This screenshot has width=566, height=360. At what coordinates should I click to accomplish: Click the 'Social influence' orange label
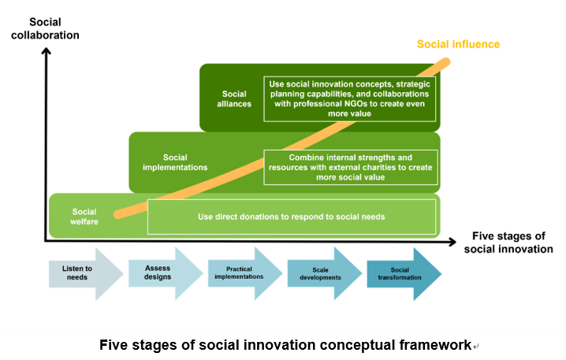tap(458, 44)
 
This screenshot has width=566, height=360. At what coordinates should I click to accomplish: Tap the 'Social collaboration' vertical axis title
tap(45, 28)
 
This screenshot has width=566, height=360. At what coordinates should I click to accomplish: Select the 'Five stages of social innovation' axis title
tap(508, 243)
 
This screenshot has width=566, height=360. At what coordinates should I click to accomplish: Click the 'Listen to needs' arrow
tap(86, 273)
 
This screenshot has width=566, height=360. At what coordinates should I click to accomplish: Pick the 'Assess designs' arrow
tap(166, 273)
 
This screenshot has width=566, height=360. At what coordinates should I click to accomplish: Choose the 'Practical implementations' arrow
tap(245, 273)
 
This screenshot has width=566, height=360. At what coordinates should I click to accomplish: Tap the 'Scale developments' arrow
tap(325, 273)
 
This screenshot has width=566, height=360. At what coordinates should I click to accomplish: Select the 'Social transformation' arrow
tap(404, 274)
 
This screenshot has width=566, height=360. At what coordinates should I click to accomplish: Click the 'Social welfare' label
tap(84, 217)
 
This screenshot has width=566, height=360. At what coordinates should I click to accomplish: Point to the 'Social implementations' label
tap(175, 162)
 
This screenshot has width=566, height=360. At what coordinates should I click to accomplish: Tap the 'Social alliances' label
tap(234, 98)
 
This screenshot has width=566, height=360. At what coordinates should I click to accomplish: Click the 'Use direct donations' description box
tap(292, 217)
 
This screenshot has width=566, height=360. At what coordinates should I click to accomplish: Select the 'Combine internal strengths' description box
tap(351, 167)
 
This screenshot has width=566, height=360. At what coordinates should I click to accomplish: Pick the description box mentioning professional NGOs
tap(350, 98)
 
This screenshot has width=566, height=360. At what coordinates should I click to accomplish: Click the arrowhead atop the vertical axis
tap(46, 51)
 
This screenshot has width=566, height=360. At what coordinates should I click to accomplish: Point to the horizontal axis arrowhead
tap(452, 242)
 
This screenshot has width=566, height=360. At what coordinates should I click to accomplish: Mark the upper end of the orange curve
tap(446, 62)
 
